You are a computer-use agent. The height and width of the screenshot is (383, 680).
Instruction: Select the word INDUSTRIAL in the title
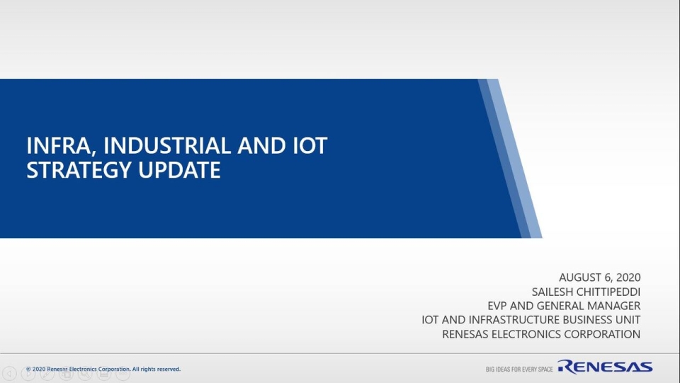click(x=167, y=145)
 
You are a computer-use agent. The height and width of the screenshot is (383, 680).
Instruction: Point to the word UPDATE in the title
click(x=179, y=170)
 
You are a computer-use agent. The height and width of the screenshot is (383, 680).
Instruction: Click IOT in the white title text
click(x=310, y=145)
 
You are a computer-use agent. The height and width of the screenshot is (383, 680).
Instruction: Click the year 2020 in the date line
click(x=628, y=277)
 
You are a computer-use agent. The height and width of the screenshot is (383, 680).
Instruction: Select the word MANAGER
click(x=615, y=306)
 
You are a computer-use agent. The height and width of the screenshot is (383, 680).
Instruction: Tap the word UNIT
click(x=628, y=320)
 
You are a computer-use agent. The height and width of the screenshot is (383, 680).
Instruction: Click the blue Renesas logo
click(x=605, y=367)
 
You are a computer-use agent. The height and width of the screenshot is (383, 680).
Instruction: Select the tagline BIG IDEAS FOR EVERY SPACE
click(x=519, y=370)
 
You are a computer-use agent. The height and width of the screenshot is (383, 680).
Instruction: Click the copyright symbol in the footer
click(x=28, y=369)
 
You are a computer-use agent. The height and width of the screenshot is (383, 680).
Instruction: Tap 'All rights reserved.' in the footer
click(x=156, y=369)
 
